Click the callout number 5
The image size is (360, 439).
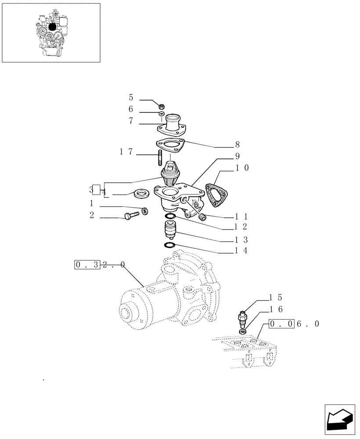tap(131, 97)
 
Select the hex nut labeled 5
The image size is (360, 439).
tap(161, 106)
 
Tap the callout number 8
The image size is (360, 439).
tap(237, 144)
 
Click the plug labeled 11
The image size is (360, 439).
tap(203, 217)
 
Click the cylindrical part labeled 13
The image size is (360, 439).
tap(169, 230)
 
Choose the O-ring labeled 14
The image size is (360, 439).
tap(169, 245)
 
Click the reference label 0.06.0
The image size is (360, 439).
tap(293, 324)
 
